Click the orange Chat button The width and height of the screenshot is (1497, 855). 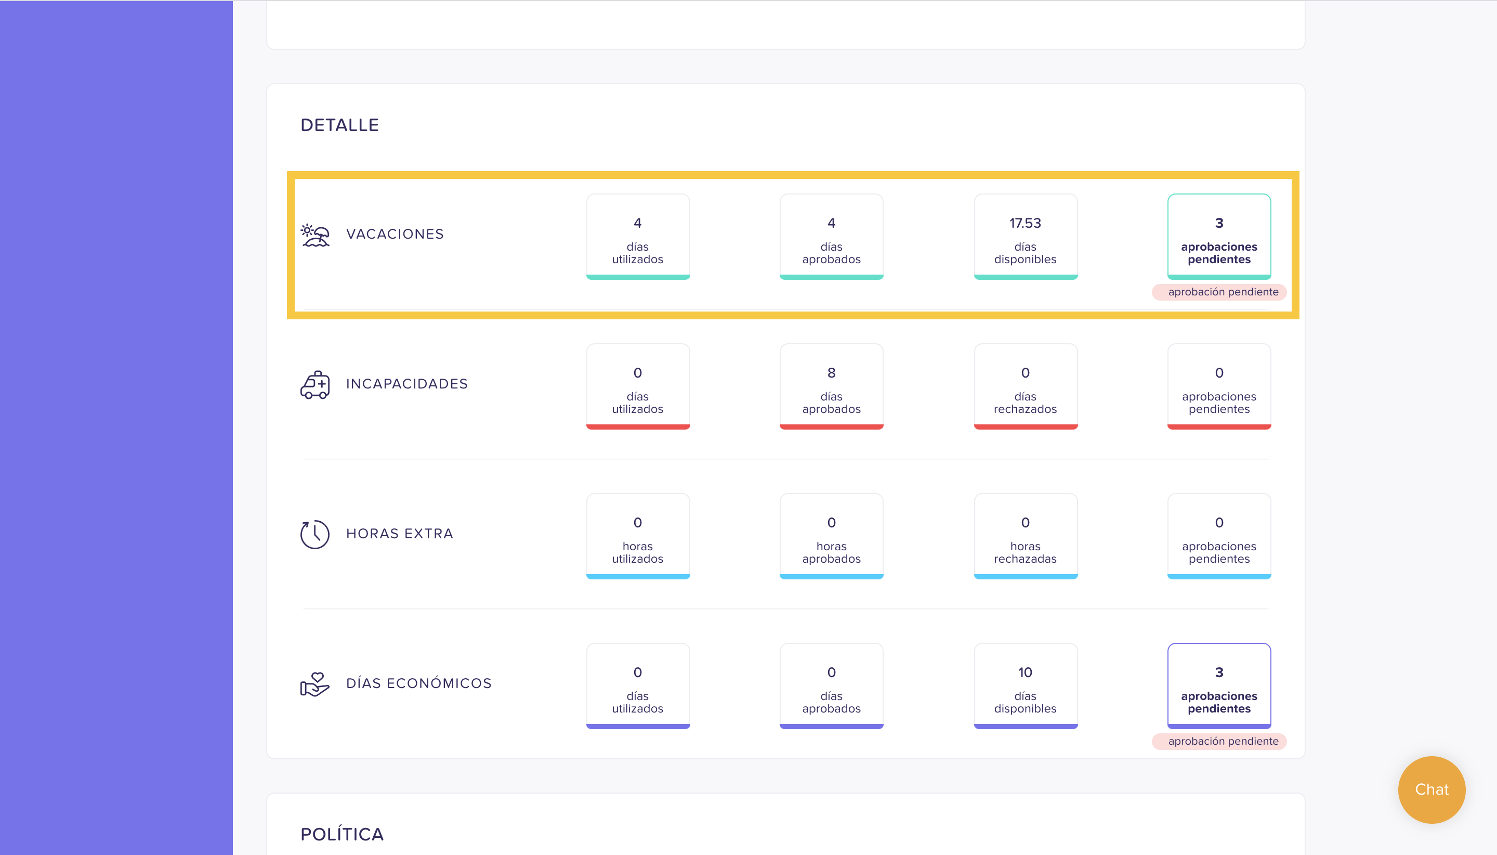pyautogui.click(x=1432, y=789)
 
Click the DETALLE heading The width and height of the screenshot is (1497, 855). pyautogui.click(x=340, y=125)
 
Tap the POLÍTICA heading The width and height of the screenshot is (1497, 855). pyautogui.click(x=342, y=834)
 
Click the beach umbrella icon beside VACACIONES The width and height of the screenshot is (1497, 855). pyautogui.click(x=315, y=235)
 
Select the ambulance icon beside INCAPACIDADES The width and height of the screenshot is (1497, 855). pyautogui.click(x=315, y=385)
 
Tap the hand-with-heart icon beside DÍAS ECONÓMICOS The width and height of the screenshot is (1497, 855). pyautogui.click(x=315, y=684)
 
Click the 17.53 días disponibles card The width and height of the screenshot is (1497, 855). pyautogui.click(x=1025, y=237)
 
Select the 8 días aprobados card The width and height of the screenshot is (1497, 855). pyautogui.click(x=832, y=386)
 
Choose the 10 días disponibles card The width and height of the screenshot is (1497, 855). pyautogui.click(x=1025, y=686)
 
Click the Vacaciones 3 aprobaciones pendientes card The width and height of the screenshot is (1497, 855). pyautogui.click(x=1219, y=237)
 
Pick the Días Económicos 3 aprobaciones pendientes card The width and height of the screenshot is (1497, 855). pyautogui.click(x=1219, y=686)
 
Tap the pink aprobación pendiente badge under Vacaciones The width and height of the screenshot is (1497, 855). pyautogui.click(x=1219, y=292)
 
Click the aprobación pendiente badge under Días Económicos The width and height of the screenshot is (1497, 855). pyautogui.click(x=1219, y=741)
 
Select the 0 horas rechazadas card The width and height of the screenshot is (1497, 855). pyautogui.click(x=1025, y=536)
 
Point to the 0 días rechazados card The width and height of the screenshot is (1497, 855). pyautogui.click(x=1025, y=386)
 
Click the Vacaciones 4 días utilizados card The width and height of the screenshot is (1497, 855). pyautogui.click(x=638, y=237)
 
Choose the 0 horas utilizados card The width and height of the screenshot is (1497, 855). pyautogui.click(x=638, y=536)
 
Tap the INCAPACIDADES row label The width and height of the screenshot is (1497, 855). pyautogui.click(x=406, y=384)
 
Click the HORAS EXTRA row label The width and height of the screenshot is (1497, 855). pyautogui.click(x=400, y=534)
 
